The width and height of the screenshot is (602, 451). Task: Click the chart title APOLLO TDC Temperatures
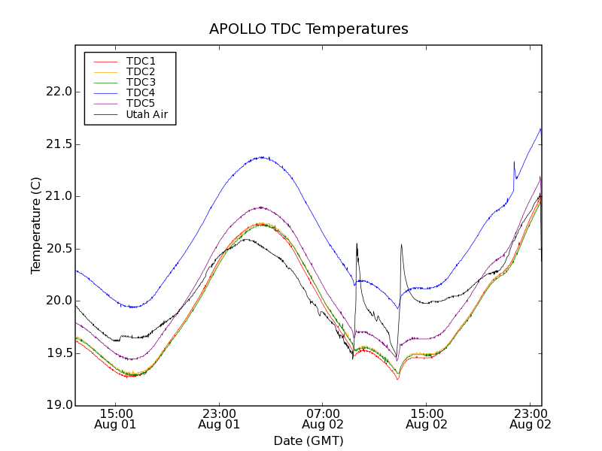coord(309,29)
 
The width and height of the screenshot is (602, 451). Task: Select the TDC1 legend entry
coord(141,61)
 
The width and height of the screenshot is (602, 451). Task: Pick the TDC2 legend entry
coord(141,71)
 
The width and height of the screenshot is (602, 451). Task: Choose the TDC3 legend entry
coord(141,82)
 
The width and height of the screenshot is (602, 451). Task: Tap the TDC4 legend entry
coord(141,92)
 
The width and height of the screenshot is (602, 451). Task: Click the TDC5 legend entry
coord(141,103)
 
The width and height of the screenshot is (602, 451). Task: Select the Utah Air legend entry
coord(147,114)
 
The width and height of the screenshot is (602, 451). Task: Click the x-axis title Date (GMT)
coord(309,440)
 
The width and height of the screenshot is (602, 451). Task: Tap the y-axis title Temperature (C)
coord(36,225)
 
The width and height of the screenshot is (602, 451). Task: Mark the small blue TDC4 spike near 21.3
coord(514,162)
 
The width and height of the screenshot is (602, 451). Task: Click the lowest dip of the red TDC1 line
coord(397,380)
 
